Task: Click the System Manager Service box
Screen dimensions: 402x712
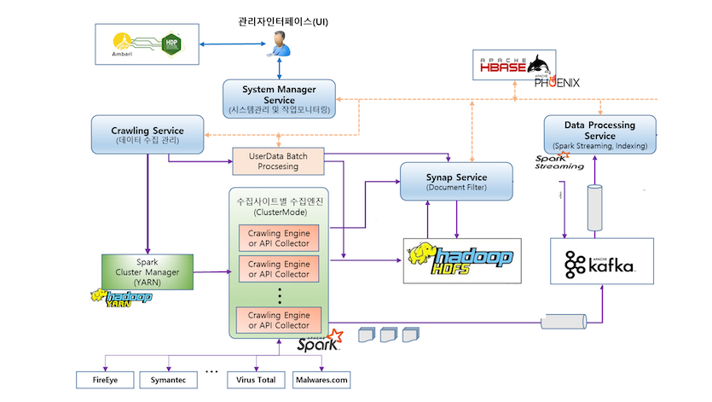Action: click(x=280, y=100)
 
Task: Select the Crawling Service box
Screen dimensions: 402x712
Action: click(x=148, y=135)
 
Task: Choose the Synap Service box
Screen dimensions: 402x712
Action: click(x=456, y=181)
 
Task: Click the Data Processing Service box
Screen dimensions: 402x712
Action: click(x=600, y=135)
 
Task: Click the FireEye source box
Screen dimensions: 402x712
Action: click(x=104, y=379)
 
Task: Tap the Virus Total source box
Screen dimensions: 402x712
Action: click(x=253, y=379)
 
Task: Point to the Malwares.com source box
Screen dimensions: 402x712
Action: click(x=321, y=379)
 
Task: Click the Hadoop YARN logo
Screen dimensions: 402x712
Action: click(x=121, y=298)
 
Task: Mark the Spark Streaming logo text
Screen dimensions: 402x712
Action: click(x=559, y=162)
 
